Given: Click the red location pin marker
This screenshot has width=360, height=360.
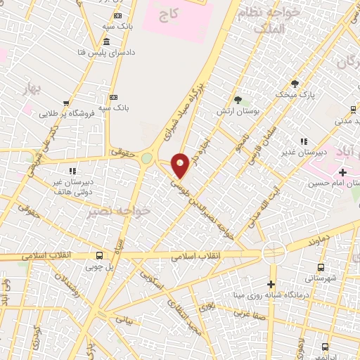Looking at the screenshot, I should pos(181,165).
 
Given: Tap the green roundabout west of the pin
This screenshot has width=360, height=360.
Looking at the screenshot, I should pos(146,159).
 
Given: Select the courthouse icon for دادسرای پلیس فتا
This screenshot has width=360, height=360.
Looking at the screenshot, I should pos(106,41).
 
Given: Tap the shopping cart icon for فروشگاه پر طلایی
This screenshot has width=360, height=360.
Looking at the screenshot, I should pos(66,103).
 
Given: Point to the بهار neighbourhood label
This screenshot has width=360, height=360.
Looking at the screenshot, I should pos(31,89).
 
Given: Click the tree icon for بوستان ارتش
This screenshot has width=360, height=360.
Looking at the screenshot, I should pos(238,99).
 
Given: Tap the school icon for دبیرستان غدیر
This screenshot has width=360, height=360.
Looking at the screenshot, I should pos(304,141).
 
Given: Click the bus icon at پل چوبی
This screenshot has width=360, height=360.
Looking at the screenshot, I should pos(99,256).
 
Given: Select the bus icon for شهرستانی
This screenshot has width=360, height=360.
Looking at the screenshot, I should pos(321,267).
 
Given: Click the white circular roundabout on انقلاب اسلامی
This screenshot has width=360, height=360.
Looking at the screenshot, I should pos(273,251).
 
